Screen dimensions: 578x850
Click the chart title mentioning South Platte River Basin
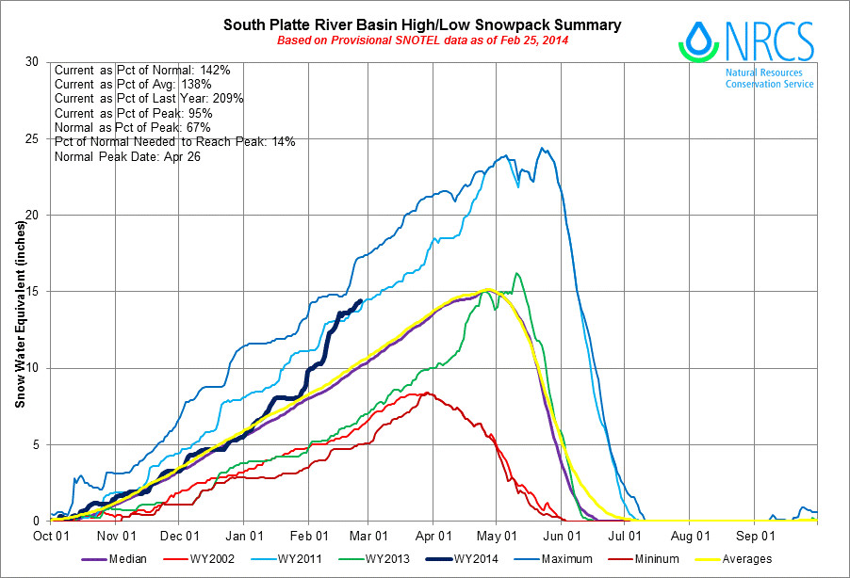422,23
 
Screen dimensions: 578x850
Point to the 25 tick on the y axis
33,138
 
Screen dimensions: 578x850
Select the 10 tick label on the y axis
33,368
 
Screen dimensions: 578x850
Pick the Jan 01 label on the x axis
243,535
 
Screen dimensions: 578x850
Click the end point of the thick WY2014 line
361,301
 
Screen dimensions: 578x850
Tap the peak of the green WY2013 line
515,274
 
